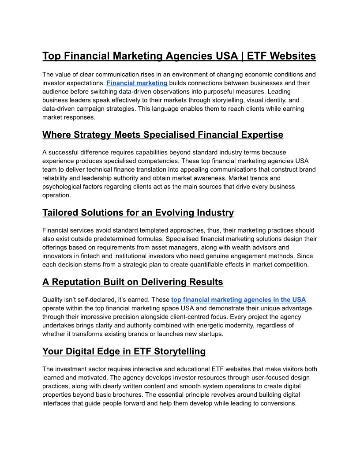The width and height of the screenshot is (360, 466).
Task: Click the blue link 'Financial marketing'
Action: (x=137, y=83)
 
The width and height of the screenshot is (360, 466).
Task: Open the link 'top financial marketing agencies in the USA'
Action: (x=238, y=300)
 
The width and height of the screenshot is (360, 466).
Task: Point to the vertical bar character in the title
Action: (x=241, y=56)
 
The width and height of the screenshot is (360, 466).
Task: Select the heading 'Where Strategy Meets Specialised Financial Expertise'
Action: (x=163, y=135)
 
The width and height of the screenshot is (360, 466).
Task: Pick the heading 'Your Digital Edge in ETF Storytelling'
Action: (x=124, y=352)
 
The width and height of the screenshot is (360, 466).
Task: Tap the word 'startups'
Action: (x=209, y=334)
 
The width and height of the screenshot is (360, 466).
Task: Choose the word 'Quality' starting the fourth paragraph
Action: (x=53, y=300)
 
